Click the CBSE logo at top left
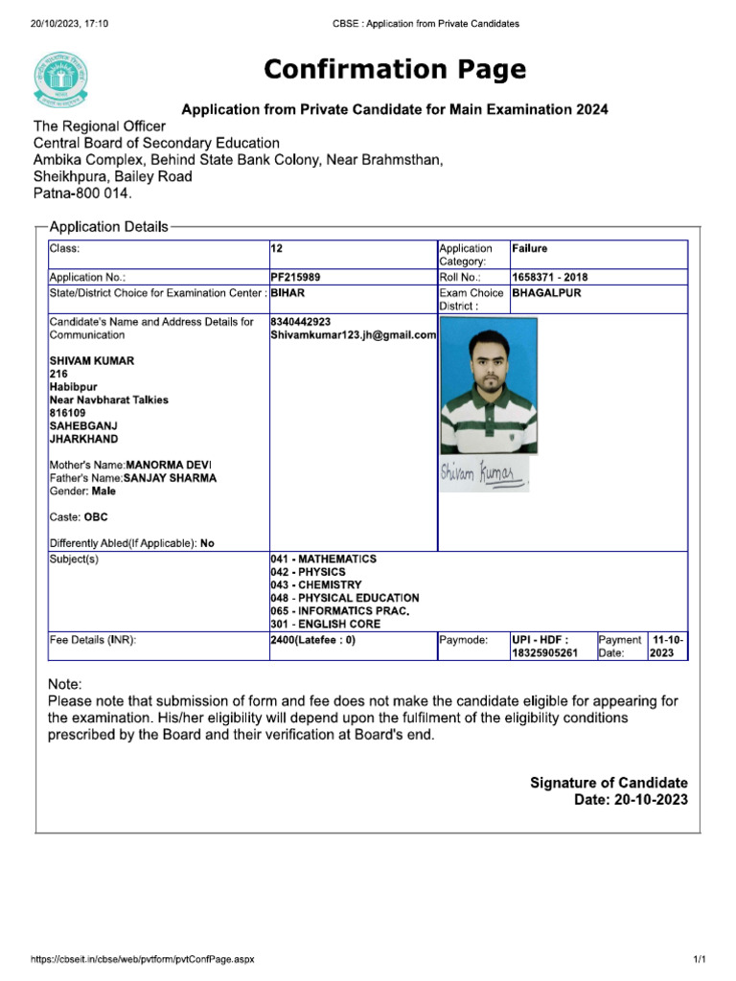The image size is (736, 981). tap(61, 80)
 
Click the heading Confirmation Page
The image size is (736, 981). tap(394, 70)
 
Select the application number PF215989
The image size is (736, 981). tap(295, 277)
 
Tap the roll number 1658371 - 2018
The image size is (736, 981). tap(550, 277)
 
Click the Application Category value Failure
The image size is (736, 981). tap(530, 248)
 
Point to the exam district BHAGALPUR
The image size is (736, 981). tap(546, 293)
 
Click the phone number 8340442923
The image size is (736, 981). tap(301, 323)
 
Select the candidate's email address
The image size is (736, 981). tap(354, 336)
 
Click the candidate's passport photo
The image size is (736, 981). tap(488, 385)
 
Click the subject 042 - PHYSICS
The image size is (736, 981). tap(308, 572)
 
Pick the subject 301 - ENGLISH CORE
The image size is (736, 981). tap(325, 624)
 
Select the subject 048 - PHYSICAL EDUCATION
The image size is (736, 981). tap(344, 598)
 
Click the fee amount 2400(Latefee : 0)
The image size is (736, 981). tap(312, 639)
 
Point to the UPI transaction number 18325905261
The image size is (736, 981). tap(544, 653)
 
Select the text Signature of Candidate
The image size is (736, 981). tap(609, 783)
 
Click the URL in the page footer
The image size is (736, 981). tap(143, 959)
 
